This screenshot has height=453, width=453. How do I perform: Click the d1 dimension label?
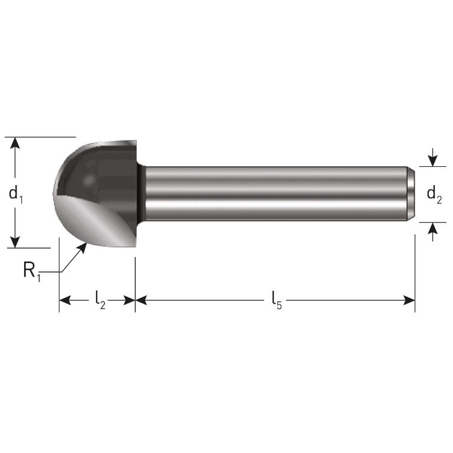click(x=16, y=193)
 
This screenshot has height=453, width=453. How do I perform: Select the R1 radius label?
click(x=32, y=271)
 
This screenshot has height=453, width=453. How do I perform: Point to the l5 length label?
click(x=276, y=300)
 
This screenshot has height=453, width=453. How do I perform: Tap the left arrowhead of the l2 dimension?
click(x=65, y=300)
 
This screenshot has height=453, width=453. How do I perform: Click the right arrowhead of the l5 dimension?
click(x=409, y=300)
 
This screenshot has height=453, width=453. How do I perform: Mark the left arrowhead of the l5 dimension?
click(x=142, y=300)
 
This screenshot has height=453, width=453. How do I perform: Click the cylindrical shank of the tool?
click(x=271, y=193)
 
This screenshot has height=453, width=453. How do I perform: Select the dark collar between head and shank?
click(x=141, y=193)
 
